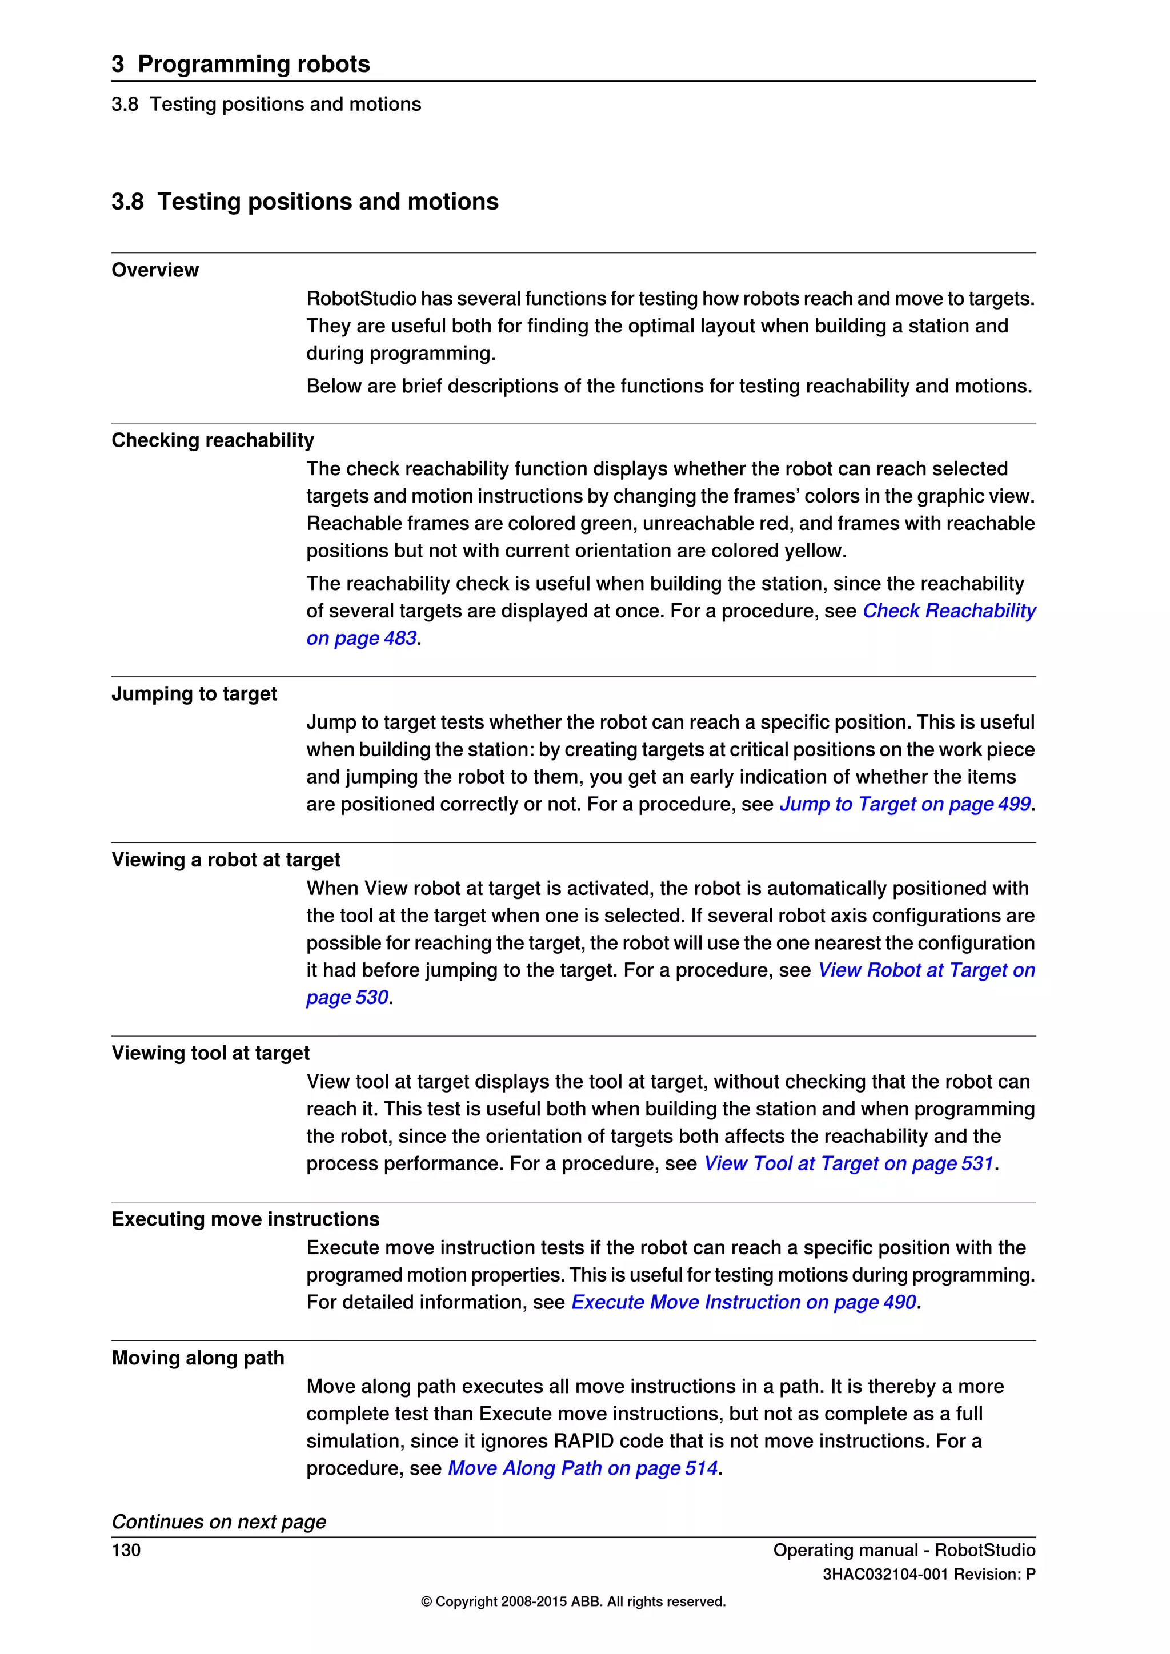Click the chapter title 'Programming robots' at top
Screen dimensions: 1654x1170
coord(253,63)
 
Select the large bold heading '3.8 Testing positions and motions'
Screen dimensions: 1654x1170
coord(304,201)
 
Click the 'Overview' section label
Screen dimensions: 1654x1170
coord(155,270)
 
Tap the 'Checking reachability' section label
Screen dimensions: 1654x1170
coord(213,440)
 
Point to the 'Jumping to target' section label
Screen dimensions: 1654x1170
coord(194,694)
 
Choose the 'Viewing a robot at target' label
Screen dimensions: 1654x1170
coord(226,860)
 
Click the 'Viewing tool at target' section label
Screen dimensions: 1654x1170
coord(210,1053)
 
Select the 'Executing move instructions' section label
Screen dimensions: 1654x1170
coord(245,1219)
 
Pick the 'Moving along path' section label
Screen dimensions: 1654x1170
coord(198,1358)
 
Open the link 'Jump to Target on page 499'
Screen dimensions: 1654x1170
coord(905,804)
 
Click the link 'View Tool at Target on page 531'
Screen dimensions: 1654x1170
coord(849,1163)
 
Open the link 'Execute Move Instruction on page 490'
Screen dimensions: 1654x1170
coord(743,1302)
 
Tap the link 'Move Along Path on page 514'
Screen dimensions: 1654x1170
coord(583,1468)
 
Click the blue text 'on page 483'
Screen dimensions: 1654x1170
coord(362,639)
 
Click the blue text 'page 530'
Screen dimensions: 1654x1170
coord(347,998)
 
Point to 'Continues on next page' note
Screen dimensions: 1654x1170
coord(218,1522)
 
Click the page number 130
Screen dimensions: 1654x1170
coord(126,1550)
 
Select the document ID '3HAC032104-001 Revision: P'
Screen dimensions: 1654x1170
coord(929,1575)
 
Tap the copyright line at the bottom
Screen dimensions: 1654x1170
coord(574,1601)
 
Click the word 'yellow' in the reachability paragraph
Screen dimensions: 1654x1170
coord(811,551)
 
